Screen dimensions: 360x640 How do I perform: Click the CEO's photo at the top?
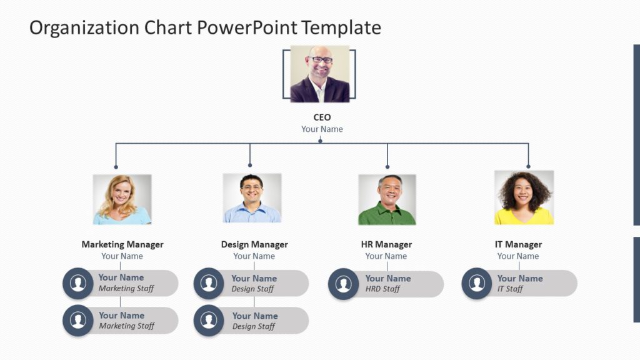coord(319,74)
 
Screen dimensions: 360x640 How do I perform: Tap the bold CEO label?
coord(322,117)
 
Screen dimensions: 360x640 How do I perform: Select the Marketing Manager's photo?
coord(122,199)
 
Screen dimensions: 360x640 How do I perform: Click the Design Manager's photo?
coord(252,199)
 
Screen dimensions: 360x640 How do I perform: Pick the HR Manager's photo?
coord(387,199)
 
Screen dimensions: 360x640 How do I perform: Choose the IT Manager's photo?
coord(524,197)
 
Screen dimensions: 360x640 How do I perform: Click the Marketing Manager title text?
coord(122,244)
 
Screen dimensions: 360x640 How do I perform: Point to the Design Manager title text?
coord(254,244)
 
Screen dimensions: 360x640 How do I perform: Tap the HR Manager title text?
coord(386,244)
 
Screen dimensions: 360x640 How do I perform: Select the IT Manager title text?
coord(518,244)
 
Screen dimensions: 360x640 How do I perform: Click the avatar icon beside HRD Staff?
coord(343,284)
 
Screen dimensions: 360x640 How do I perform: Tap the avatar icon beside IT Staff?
coord(477,284)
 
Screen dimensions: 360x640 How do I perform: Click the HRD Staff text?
coord(382,289)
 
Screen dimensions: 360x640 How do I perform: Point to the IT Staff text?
coord(510,289)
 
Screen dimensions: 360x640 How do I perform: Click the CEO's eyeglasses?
coord(322,60)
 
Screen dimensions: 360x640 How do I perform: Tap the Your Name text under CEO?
coord(322,129)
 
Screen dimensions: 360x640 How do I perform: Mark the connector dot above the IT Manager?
coord(528,166)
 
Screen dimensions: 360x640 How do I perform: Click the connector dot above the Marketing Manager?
coord(116,167)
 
